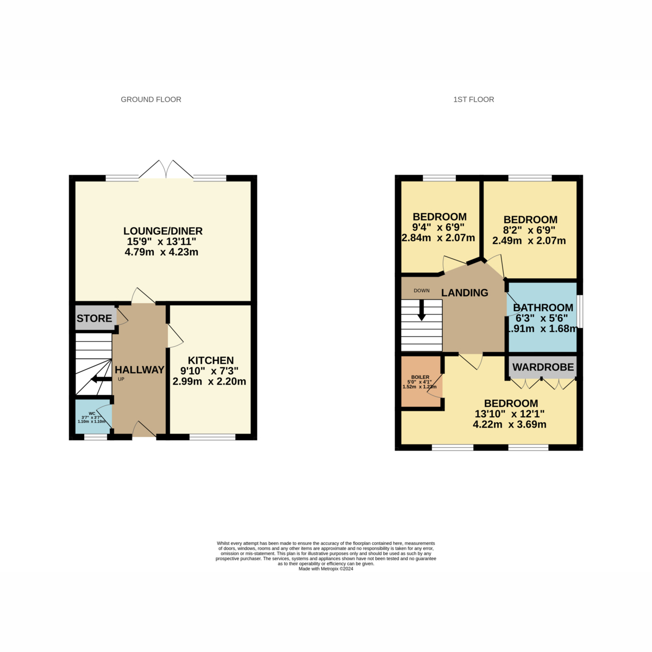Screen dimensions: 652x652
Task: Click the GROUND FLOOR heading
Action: (x=151, y=99)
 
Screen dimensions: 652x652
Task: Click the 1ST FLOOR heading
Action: (x=473, y=99)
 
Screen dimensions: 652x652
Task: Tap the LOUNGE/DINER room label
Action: (x=163, y=231)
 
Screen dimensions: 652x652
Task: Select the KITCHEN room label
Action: (x=211, y=360)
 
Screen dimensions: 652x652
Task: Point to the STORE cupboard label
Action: (x=94, y=318)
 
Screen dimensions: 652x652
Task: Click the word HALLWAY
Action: (x=140, y=369)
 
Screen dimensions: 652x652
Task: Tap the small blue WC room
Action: (x=93, y=417)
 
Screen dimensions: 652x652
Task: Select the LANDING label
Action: (x=465, y=293)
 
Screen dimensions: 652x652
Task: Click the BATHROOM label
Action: (x=543, y=308)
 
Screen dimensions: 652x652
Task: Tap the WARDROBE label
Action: (x=543, y=367)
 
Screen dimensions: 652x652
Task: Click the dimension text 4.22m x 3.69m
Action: (x=510, y=424)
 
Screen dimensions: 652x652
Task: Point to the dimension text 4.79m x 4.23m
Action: (x=161, y=252)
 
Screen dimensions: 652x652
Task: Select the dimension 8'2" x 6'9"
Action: (x=529, y=230)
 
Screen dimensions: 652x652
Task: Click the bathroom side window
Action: (x=580, y=311)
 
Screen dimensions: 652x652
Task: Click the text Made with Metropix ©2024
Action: (x=326, y=569)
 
